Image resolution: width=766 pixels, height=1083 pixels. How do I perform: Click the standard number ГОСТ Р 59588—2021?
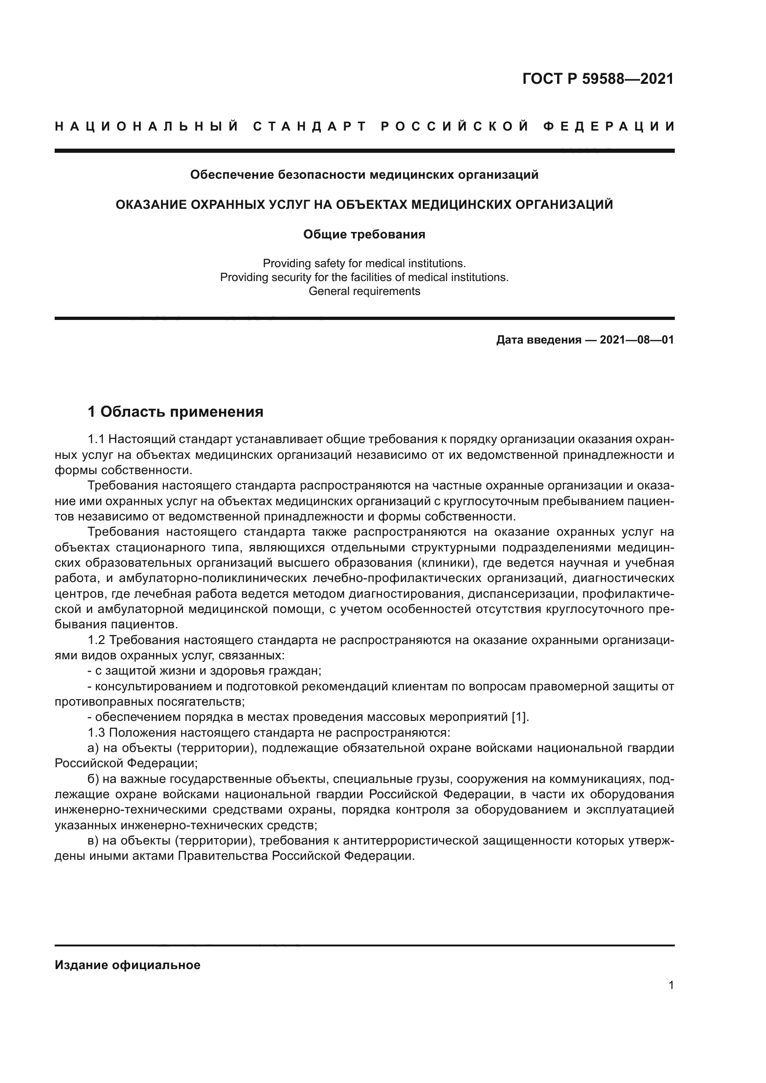coord(597,79)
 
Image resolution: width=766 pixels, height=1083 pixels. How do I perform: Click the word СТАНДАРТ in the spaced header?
coord(310,126)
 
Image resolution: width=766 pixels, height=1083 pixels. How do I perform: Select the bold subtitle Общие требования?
coord(364,234)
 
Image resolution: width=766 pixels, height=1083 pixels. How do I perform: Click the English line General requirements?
coord(364,291)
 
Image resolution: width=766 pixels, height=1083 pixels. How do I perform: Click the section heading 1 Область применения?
coord(176,412)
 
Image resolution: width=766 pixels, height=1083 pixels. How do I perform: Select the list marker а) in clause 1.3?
coord(93,748)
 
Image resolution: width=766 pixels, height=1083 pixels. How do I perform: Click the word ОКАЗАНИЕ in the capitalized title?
coord(149,205)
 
